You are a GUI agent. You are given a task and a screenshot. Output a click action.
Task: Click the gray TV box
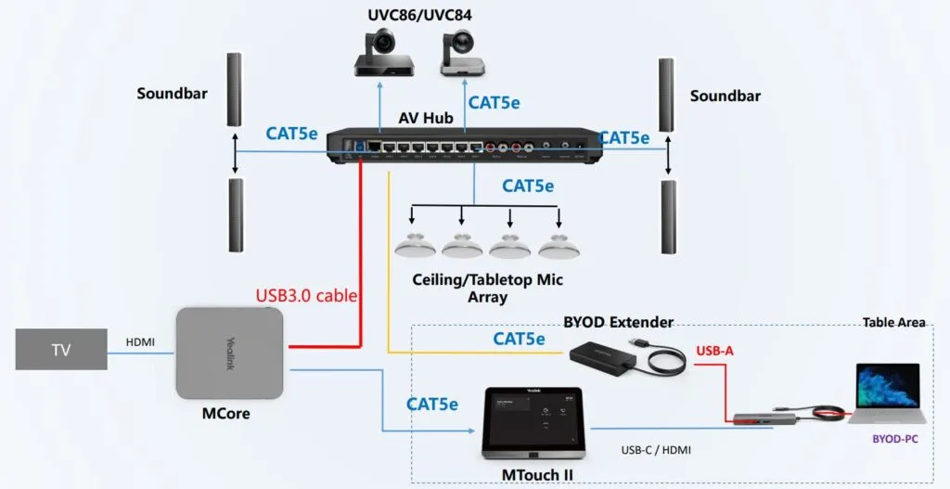click(60, 350)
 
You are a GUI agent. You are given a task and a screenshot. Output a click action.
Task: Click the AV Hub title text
click(426, 117)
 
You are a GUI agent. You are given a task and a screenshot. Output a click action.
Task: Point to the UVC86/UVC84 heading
click(426, 15)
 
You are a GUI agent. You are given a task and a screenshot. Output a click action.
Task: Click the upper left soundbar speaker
click(235, 90)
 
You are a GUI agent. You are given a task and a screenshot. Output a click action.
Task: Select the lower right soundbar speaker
click(668, 216)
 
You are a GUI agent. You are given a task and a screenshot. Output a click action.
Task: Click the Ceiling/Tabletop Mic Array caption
click(487, 288)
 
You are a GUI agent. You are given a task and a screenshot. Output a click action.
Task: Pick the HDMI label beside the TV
click(142, 342)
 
